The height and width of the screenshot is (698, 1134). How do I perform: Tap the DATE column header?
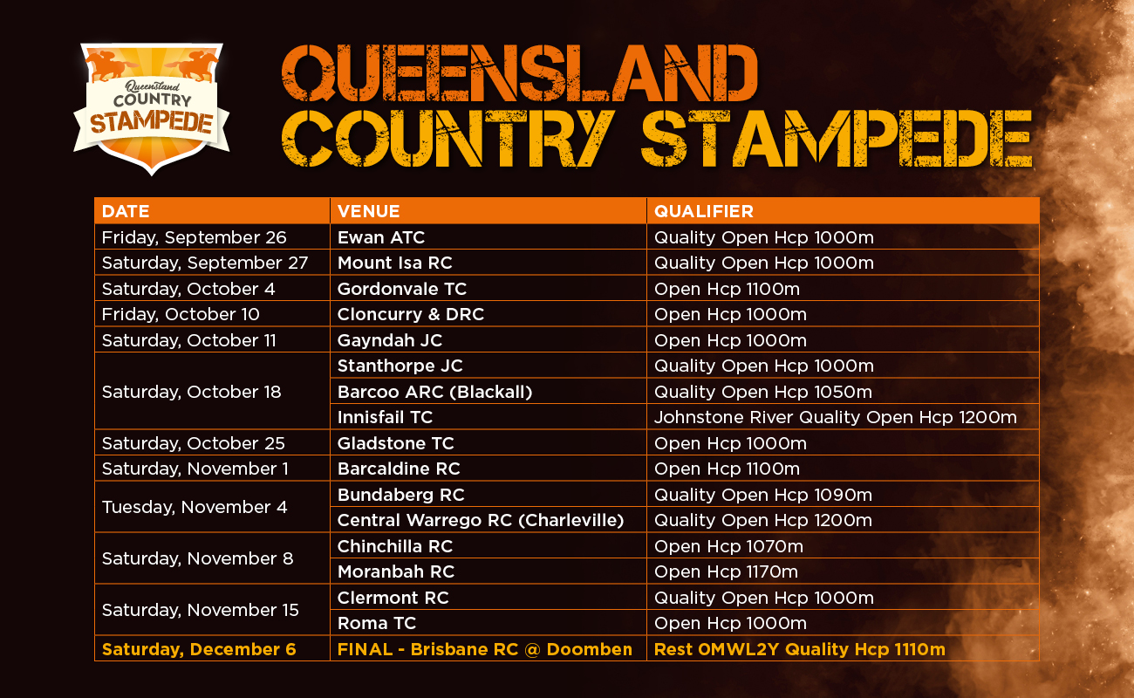click(x=126, y=211)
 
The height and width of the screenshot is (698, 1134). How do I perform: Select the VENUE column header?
click(x=369, y=211)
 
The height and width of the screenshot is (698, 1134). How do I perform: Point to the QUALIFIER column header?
click(x=704, y=211)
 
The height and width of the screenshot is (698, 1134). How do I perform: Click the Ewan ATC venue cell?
click(x=381, y=237)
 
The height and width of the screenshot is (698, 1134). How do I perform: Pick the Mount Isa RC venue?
click(x=395, y=263)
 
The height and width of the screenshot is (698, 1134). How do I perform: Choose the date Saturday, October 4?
click(x=181, y=289)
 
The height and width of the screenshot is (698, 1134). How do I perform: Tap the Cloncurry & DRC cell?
click(x=411, y=314)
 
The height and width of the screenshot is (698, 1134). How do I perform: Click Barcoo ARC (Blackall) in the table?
click(x=434, y=392)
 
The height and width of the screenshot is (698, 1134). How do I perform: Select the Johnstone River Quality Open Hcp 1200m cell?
click(x=836, y=417)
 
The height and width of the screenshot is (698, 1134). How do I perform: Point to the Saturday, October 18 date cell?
click(x=192, y=392)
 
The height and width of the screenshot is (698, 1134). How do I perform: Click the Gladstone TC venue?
click(x=396, y=443)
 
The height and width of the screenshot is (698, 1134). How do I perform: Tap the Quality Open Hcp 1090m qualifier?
click(x=763, y=495)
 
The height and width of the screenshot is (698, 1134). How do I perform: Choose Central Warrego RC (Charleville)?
click(x=481, y=520)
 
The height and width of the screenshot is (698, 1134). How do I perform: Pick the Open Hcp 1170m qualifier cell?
click(x=727, y=571)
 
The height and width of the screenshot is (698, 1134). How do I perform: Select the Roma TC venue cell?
click(x=377, y=623)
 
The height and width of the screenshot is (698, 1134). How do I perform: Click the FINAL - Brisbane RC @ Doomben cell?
click(x=485, y=649)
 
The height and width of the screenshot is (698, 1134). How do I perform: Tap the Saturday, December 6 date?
click(x=199, y=649)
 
